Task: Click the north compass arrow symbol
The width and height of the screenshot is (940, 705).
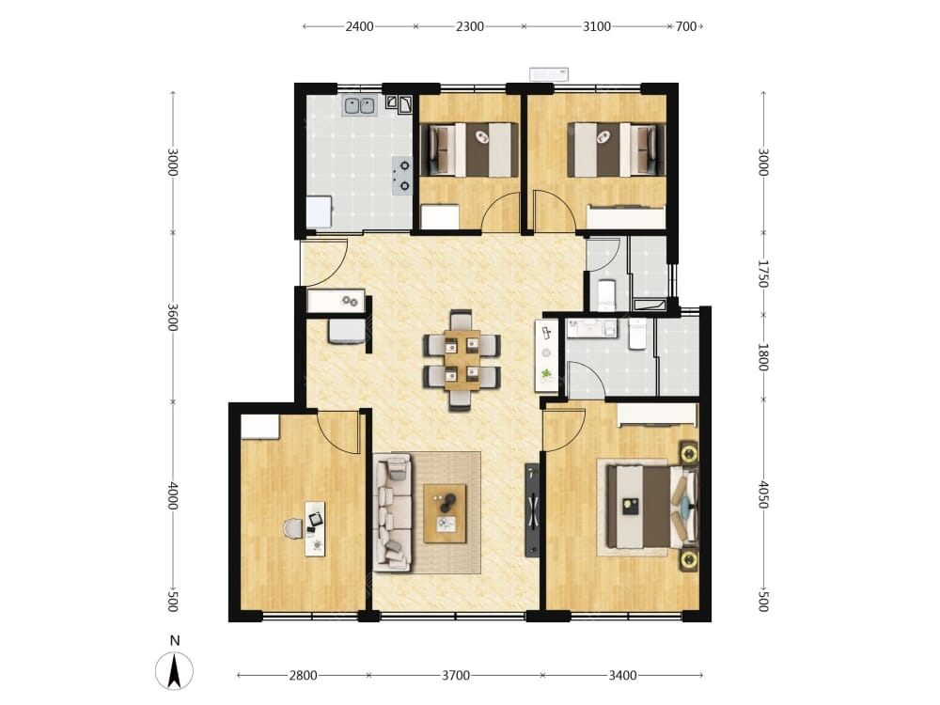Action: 175,671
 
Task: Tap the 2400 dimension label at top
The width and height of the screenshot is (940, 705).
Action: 359,26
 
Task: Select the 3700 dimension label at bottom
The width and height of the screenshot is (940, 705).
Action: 456,676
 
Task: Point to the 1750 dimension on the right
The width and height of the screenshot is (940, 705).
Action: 763,274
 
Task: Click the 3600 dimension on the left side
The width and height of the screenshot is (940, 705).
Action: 173,317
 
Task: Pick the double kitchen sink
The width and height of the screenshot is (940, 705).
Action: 359,105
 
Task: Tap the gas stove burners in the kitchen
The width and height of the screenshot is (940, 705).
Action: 401,176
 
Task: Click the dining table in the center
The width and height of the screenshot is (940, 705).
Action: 462,360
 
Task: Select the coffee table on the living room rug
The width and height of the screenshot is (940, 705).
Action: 445,513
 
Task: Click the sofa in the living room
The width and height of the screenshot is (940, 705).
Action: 393,512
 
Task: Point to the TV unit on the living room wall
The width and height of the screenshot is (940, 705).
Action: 532,510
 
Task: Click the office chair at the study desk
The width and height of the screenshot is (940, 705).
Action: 293,528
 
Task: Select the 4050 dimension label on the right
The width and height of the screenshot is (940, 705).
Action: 763,494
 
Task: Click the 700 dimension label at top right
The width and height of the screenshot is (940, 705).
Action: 686,26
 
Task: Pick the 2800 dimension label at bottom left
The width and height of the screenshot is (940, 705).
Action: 303,676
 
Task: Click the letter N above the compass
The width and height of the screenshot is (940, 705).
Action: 175,640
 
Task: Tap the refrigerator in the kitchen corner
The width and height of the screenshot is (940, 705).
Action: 319,211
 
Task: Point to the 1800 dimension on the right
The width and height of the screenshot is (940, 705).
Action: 763,356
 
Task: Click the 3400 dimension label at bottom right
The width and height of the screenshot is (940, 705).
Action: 622,676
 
